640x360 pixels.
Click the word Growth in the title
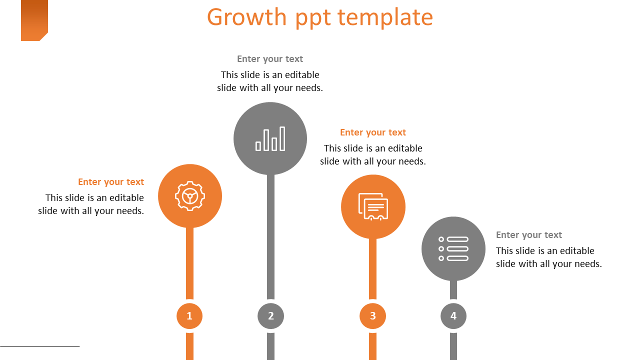pyautogui.click(x=247, y=17)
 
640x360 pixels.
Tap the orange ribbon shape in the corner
pyautogui.click(x=34, y=19)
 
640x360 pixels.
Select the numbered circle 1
pyautogui.click(x=189, y=316)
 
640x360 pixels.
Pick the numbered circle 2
pyautogui.click(x=270, y=316)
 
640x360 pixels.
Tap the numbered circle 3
pyautogui.click(x=372, y=316)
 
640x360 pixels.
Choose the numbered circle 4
pyautogui.click(x=453, y=316)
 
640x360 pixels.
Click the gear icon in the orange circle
pyautogui.click(x=190, y=196)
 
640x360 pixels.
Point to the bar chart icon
pyautogui.click(x=270, y=139)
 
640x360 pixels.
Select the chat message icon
pyautogui.click(x=373, y=206)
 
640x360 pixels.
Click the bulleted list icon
pyautogui.click(x=453, y=249)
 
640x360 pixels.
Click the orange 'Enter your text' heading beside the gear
pyautogui.click(x=111, y=182)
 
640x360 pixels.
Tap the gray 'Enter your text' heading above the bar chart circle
pyautogui.click(x=270, y=59)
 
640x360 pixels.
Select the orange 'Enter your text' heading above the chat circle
pyautogui.click(x=373, y=132)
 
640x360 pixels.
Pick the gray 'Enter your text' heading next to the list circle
pyautogui.click(x=529, y=235)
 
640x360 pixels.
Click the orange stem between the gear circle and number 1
pyautogui.click(x=190, y=264)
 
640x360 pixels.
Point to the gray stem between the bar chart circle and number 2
pyautogui.click(x=270, y=237)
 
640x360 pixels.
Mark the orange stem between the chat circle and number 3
pyautogui.click(x=373, y=270)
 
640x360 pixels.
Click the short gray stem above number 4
pyautogui.click(x=453, y=291)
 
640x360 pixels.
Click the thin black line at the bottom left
pyautogui.click(x=40, y=346)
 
